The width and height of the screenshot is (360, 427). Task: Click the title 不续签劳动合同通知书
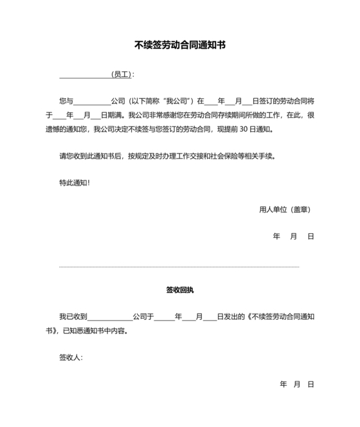(x=180, y=46)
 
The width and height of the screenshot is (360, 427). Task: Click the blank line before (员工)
(x=84, y=75)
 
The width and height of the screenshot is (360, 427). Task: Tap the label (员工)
(x=121, y=74)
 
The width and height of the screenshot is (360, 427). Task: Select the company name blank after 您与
(x=93, y=101)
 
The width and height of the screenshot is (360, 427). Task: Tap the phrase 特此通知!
(x=75, y=182)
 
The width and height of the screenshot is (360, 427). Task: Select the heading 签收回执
(x=180, y=290)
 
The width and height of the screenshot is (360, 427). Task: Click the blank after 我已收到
(x=110, y=317)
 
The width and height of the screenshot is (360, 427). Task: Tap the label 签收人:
(x=71, y=358)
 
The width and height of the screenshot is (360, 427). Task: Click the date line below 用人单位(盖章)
(x=293, y=236)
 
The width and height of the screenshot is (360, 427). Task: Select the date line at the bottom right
(x=296, y=385)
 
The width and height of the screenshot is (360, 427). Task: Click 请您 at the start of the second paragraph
(x=66, y=155)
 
